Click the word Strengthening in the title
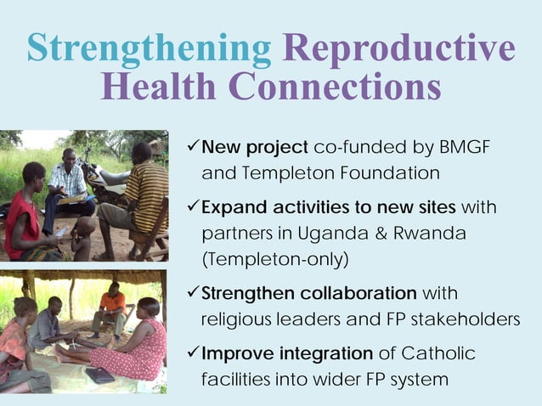[x=149, y=48]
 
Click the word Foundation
[x=391, y=173]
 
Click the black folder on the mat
[x=99, y=375]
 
